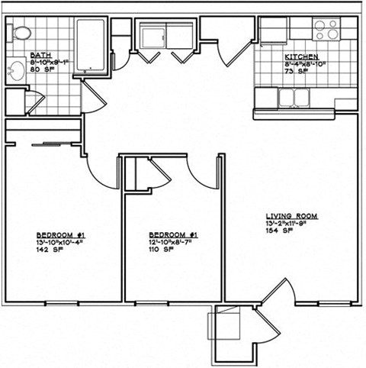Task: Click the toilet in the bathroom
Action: coord(21,33)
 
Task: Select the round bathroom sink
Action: coord(14,72)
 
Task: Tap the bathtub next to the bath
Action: coord(91,46)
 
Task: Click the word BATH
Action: coord(40,56)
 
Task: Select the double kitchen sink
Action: coord(291,98)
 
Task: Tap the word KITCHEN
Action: coord(300,56)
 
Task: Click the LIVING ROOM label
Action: coord(291,216)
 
